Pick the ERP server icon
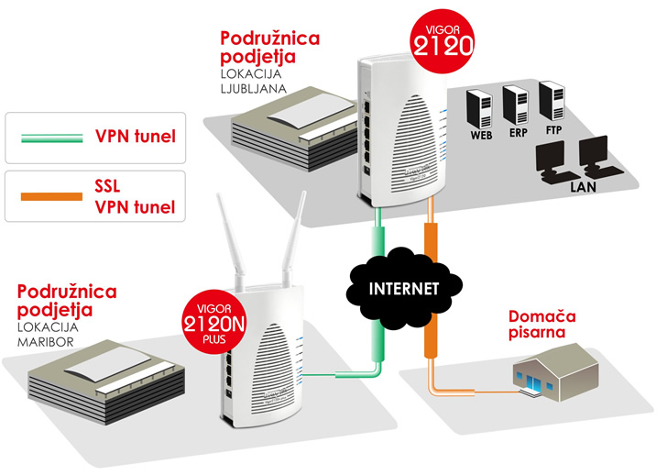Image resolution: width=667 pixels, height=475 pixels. [x=516, y=106]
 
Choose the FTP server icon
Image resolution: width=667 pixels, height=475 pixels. [x=552, y=102]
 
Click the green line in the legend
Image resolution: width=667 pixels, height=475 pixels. [x=47, y=138]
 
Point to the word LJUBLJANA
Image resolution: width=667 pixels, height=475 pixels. [x=254, y=89]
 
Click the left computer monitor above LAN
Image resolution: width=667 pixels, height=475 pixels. [x=553, y=159]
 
